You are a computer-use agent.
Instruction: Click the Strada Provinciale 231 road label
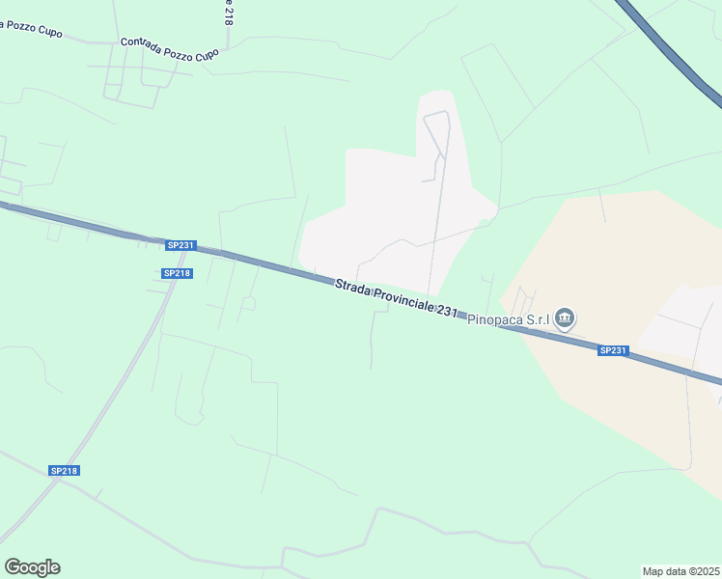click(397, 298)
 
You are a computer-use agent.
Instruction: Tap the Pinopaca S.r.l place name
click(508, 320)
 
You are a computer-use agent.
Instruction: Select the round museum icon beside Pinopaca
click(566, 317)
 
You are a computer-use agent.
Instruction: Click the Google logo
click(32, 567)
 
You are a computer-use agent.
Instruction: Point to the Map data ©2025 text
click(681, 571)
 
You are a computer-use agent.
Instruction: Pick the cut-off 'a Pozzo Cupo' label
click(31, 29)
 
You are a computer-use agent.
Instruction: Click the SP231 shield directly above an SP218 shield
click(180, 245)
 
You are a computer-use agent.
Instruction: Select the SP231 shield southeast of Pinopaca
click(613, 350)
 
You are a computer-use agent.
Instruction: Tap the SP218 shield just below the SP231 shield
click(178, 273)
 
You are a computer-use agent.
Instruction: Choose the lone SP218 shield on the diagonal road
click(64, 471)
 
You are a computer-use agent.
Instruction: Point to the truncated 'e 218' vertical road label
click(228, 13)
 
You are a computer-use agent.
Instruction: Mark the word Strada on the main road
click(349, 287)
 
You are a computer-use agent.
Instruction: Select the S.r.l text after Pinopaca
click(537, 320)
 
